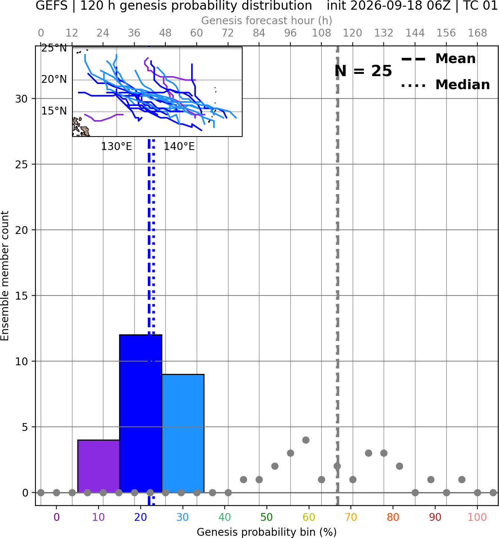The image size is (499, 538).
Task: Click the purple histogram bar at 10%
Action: pos(99,466)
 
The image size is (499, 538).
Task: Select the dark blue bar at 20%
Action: pos(141,413)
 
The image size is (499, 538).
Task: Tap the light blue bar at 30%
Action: pos(183,433)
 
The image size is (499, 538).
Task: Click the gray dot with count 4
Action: pos(306,440)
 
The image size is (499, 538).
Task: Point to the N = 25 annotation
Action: pos(363,71)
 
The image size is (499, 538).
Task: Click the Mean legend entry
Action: pos(438,59)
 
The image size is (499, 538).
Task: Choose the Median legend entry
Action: pos(445,85)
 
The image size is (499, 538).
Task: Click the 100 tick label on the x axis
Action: pos(477,517)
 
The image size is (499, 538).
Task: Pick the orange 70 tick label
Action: pos(351,517)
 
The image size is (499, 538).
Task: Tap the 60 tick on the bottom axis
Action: pos(309,517)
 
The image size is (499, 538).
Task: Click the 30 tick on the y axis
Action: pos(22,99)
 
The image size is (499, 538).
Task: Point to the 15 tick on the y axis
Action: pos(22,295)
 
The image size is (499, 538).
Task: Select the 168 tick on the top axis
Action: pos(477,33)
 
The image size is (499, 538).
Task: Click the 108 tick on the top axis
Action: pos(321,33)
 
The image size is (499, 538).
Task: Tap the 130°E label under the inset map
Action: pos(116,147)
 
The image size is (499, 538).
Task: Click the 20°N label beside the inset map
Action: pos(54,79)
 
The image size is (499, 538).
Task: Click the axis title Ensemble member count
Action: pos(5,276)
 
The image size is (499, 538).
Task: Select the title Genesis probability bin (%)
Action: pos(267,532)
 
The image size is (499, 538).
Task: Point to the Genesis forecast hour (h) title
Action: pos(267,21)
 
